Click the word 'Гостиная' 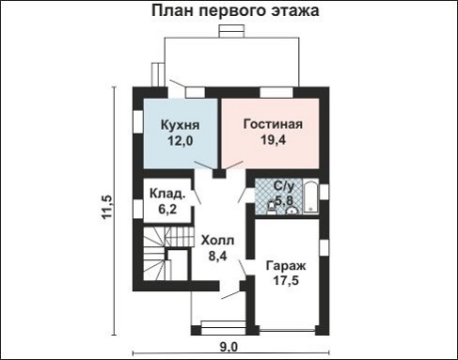[x=272, y=124]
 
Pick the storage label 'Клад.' [x=166, y=194]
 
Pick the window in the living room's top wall [x=276, y=91]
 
